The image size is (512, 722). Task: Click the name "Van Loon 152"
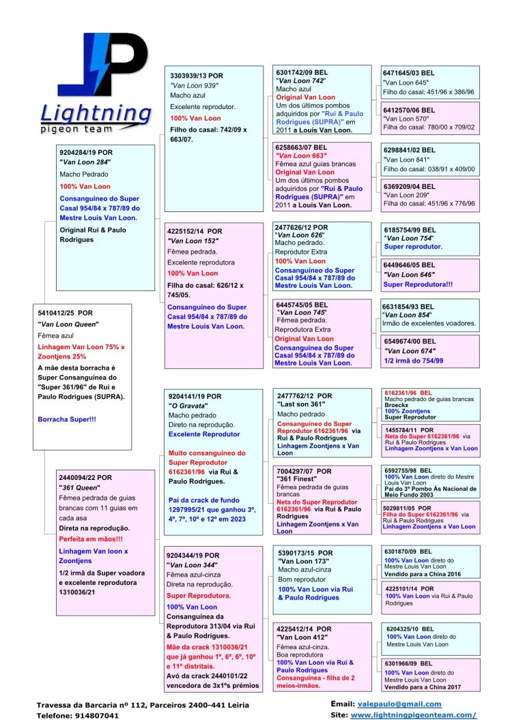[x=193, y=241]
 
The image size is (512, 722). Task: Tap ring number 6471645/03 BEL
[x=410, y=72]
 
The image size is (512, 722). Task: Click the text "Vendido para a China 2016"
[x=423, y=574]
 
